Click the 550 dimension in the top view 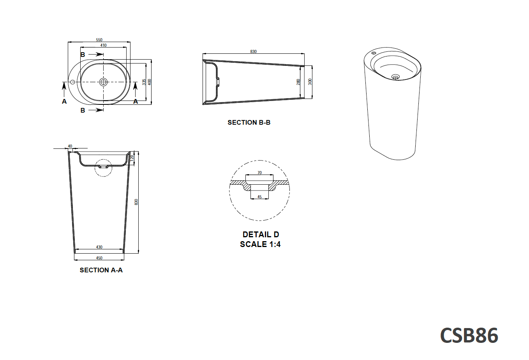(99, 40)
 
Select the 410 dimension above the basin (103, 45)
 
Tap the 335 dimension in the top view (144, 82)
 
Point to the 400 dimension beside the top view (150, 82)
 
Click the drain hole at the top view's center (103, 82)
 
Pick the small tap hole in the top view (72, 82)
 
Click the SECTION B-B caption (249, 122)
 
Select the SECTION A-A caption (101, 270)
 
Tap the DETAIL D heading (261, 235)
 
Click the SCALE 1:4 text (260, 244)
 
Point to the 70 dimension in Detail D (259, 173)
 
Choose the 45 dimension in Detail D (259, 197)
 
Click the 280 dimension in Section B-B (298, 82)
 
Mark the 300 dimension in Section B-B (310, 81)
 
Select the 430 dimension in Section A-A (99, 247)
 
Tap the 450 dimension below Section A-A (99, 258)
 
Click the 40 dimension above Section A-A (70, 146)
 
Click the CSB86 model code (469, 335)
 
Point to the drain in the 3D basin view (395, 77)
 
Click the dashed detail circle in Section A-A (104, 168)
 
